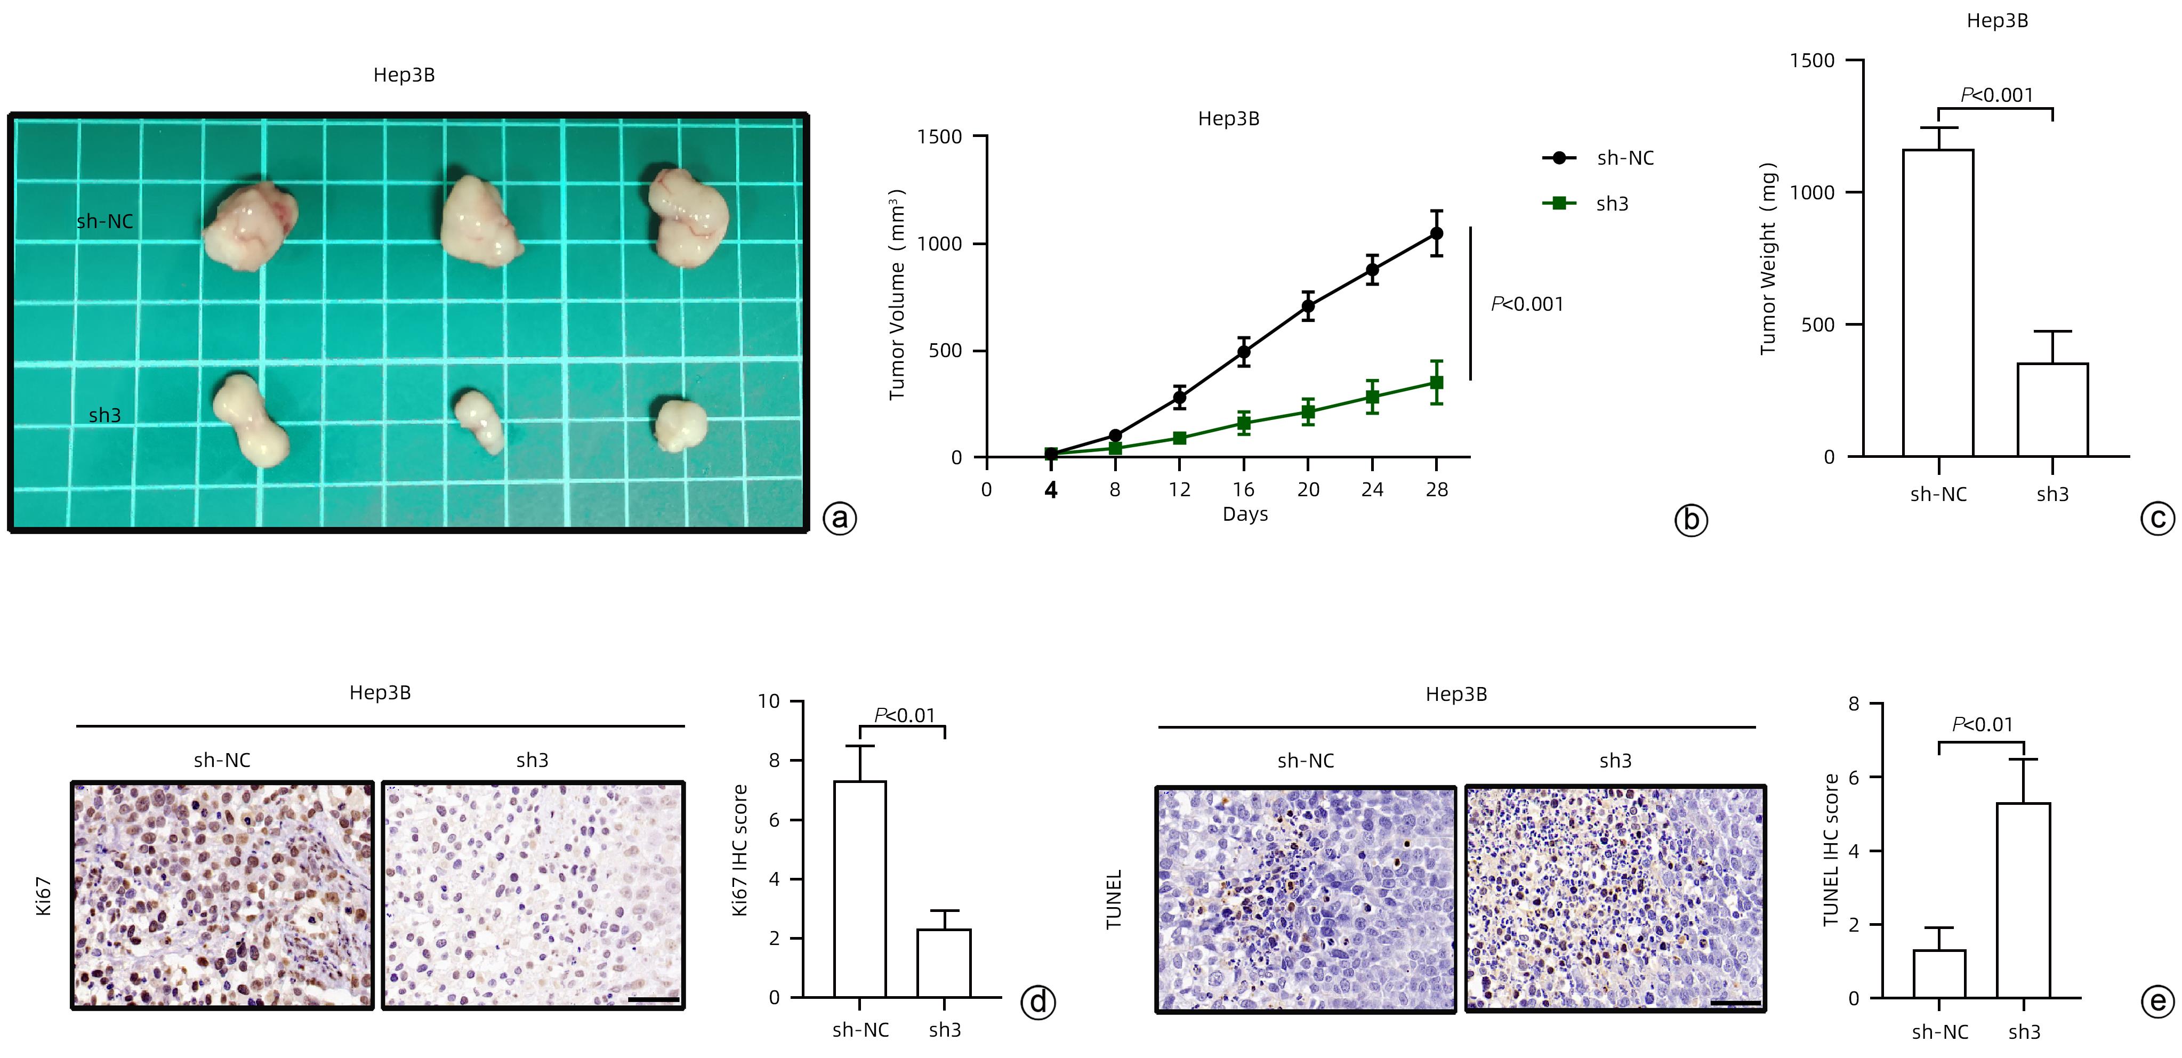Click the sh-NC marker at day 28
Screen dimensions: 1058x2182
1437,233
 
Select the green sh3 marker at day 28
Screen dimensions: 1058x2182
1437,382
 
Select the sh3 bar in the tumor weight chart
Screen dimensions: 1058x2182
2052,409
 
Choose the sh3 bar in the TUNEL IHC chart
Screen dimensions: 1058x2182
2024,900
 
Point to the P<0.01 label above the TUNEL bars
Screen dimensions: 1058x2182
1982,724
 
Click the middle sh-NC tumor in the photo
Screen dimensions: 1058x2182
479,222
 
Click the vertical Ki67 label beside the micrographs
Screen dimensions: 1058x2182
44,896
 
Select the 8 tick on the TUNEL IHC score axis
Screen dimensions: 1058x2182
1854,704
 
